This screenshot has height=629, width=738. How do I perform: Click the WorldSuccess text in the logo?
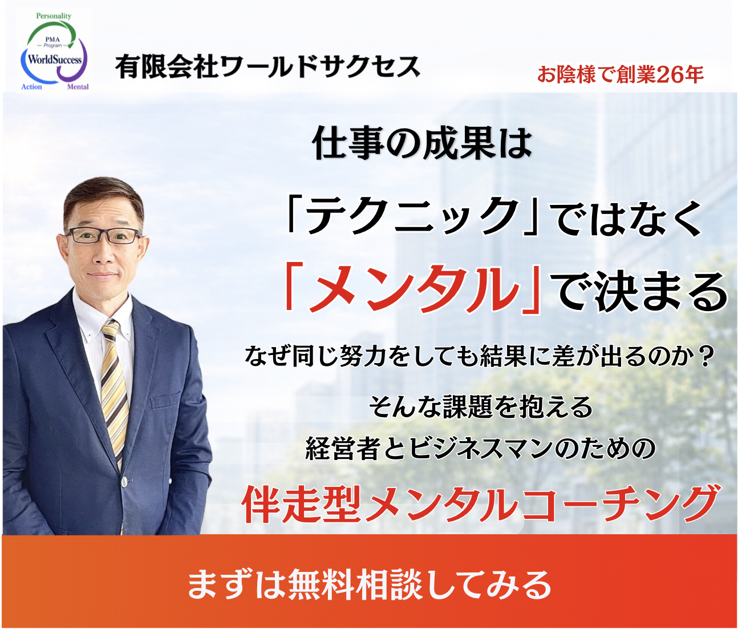pos(55,59)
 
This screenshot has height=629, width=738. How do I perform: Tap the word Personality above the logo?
pos(54,16)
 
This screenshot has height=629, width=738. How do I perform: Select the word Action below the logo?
pos(31,87)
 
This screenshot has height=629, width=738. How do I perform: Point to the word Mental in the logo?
pos(78,87)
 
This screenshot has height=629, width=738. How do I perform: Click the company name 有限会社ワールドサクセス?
pos(267,67)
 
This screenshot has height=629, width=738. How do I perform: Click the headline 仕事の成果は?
pos(422,143)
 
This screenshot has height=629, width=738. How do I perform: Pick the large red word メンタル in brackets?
pos(411,289)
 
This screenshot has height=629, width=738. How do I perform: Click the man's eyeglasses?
pos(103,236)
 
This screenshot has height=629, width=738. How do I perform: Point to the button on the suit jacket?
pos(124,483)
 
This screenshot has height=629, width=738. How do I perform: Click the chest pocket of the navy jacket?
pos(165,400)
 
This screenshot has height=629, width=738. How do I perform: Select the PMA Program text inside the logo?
pos(52,43)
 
